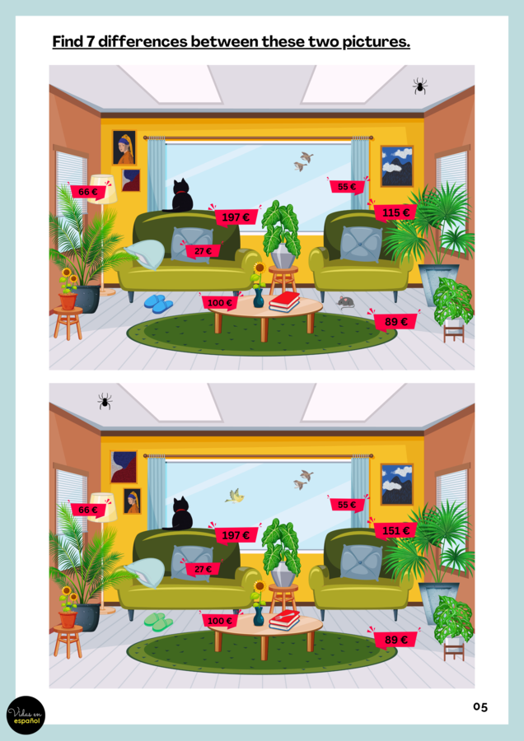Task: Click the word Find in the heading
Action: [x=68, y=41]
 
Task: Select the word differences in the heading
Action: [x=143, y=41]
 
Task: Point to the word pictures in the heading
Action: [x=375, y=41]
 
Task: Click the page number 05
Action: [x=480, y=706]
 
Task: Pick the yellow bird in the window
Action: [x=236, y=496]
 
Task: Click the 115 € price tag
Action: [x=395, y=213]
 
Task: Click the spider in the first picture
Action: [x=420, y=86]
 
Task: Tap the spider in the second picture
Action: [x=105, y=401]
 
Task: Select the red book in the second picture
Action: [x=284, y=619]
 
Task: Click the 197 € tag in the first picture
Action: [x=236, y=217]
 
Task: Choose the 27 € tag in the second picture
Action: [x=203, y=569]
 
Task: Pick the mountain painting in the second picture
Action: [x=397, y=484]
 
